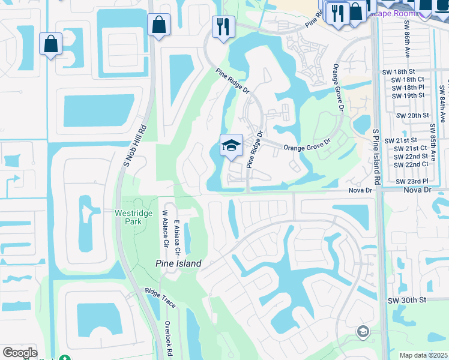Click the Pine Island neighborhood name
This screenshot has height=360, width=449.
coord(178,263)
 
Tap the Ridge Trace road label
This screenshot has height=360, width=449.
coord(160,298)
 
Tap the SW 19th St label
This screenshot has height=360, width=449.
coord(408,95)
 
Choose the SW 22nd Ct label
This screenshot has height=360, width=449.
coord(411,164)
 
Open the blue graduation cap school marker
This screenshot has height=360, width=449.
coord(231,146)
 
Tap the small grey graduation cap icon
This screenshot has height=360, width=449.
coord(363,331)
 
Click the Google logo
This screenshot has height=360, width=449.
coord(20,353)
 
